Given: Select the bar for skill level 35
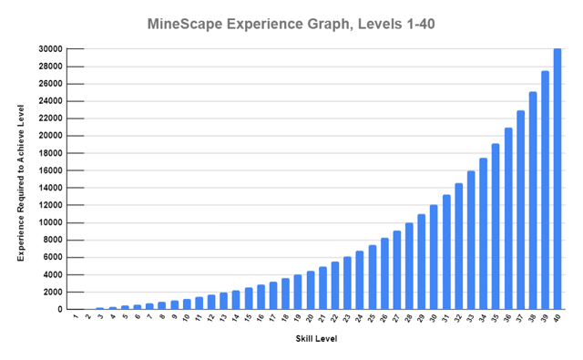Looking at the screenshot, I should point(496,227).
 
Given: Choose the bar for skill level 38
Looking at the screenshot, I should point(533,201).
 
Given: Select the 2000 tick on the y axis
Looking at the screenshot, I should point(51,292).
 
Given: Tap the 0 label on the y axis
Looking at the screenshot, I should point(59,309).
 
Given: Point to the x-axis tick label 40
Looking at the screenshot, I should point(557,319).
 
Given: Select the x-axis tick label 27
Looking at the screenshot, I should point(396,319).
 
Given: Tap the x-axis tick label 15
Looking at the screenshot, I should point(248,319).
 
